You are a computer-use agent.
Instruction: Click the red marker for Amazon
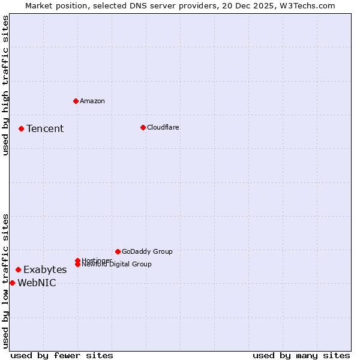point(76,101)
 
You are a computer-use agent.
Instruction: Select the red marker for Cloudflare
point(143,127)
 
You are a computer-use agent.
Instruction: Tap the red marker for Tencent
point(21,128)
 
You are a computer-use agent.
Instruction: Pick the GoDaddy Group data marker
point(118,251)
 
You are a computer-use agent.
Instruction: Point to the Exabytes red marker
point(18,270)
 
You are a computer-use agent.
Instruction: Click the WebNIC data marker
point(12,283)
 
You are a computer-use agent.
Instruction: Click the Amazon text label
point(92,101)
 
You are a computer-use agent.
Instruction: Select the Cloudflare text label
point(163,127)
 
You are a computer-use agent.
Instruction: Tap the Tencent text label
point(45,128)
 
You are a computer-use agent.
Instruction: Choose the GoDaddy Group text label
point(147,251)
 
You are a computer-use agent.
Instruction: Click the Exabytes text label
point(45,270)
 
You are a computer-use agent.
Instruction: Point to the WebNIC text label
point(37,283)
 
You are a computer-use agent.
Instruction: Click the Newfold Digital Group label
point(116,264)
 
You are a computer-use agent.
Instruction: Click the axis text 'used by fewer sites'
point(62,355)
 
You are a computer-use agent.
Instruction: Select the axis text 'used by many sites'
point(301,355)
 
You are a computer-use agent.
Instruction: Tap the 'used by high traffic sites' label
point(6,85)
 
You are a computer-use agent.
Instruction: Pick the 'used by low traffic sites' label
point(6,280)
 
